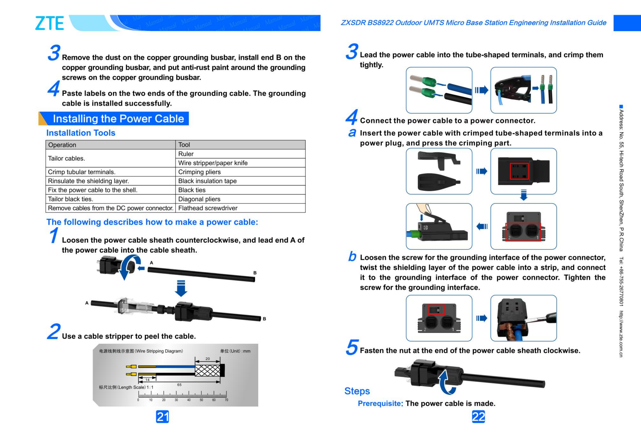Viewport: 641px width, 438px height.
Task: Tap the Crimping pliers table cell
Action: click(199, 172)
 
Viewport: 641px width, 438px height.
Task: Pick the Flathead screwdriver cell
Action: click(207, 208)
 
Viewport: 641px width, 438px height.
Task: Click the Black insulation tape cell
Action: click(207, 181)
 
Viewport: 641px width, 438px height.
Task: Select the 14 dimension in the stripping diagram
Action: click(147, 380)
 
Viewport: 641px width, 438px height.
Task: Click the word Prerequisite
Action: click(380, 403)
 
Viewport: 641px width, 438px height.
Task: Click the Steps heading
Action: click(357, 391)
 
